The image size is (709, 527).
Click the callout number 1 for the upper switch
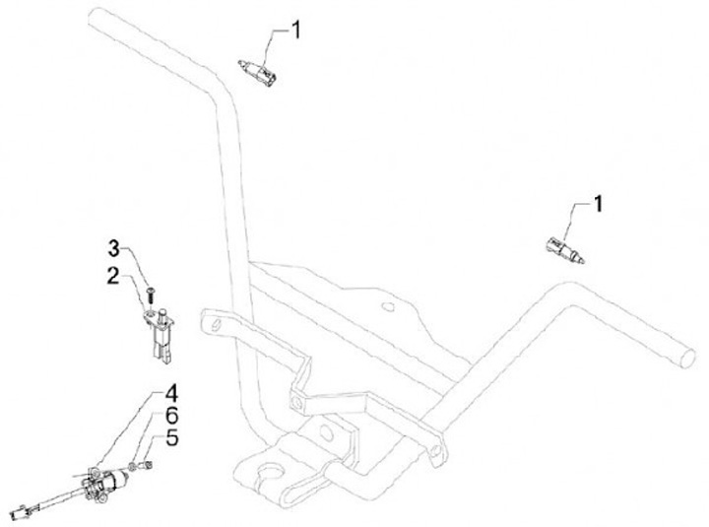(292, 32)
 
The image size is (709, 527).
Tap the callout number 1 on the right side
(599, 204)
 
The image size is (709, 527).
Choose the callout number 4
(172, 399)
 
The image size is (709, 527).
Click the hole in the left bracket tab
(208, 322)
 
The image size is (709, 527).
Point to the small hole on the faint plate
(391, 305)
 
